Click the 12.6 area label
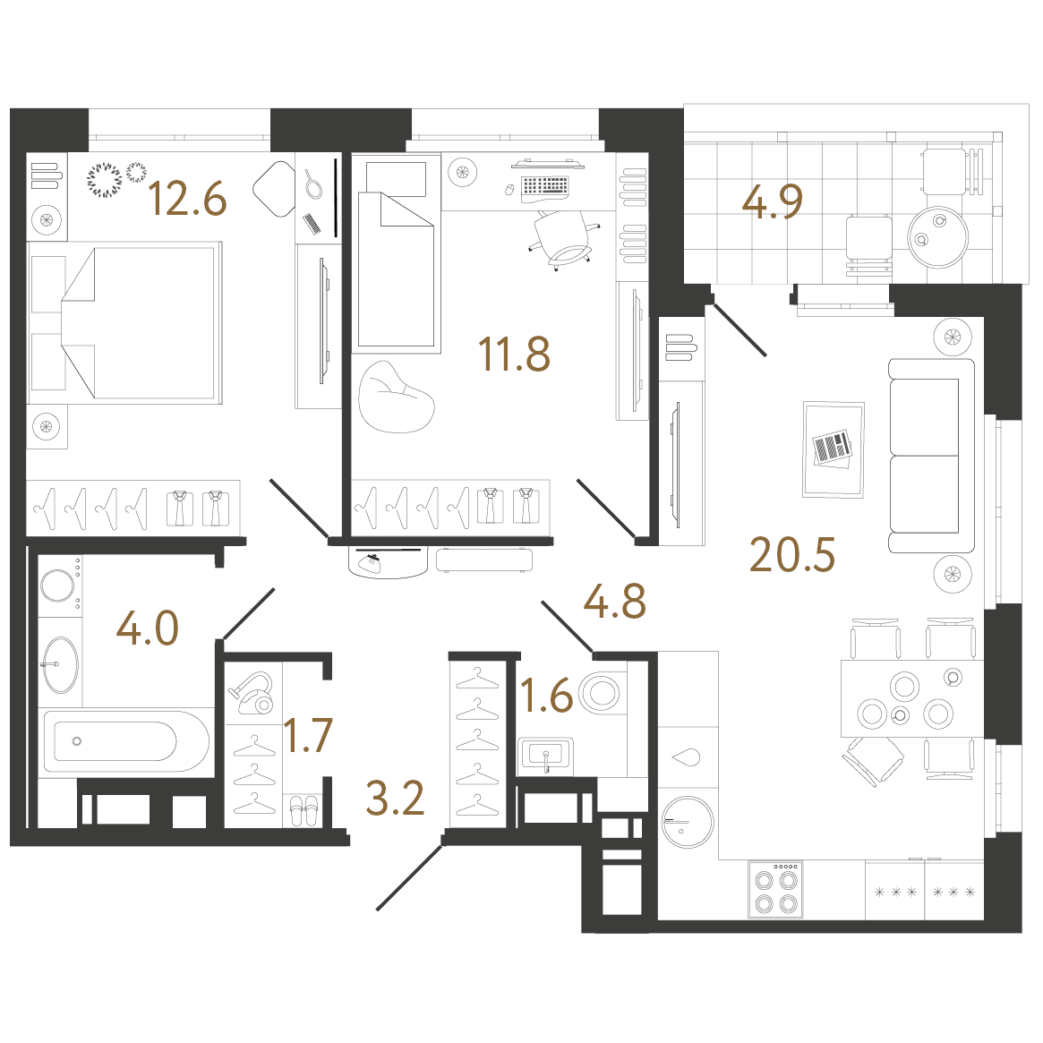[x=188, y=198]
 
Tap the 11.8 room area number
[x=514, y=354]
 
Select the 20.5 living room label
[x=791, y=555]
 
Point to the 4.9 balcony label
[x=773, y=201]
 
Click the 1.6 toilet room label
[x=546, y=695]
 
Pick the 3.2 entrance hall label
[x=395, y=799]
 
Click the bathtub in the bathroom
[x=126, y=741]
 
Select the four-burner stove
[x=775, y=890]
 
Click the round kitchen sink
[x=688, y=822]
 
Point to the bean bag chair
[x=396, y=398]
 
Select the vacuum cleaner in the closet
[x=252, y=693]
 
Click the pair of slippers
[x=304, y=811]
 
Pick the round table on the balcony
[x=938, y=237]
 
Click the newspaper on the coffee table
[x=832, y=449]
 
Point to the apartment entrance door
[x=409, y=876]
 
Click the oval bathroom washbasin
[x=60, y=663]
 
